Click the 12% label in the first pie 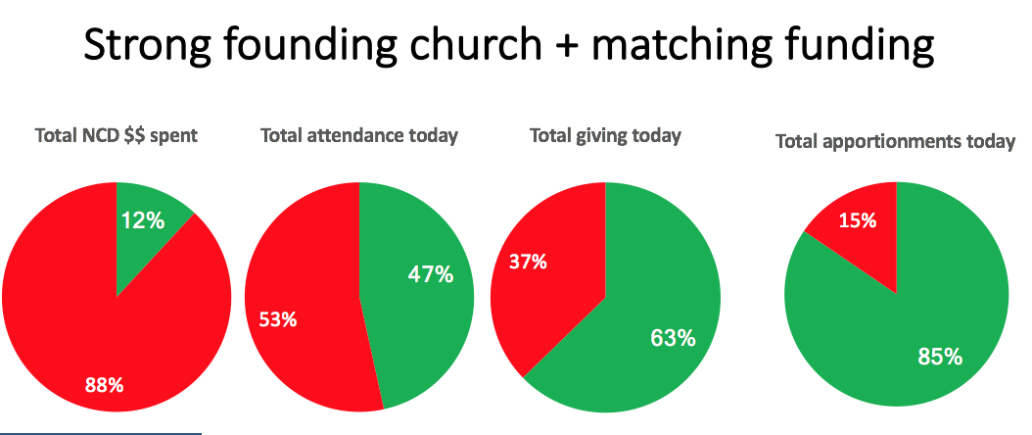[143, 221]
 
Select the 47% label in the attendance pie [431, 274]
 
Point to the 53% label [278, 320]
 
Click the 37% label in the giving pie [527, 262]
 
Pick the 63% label [673, 338]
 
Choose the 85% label [940, 356]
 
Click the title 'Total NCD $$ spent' [117, 136]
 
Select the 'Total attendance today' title [359, 136]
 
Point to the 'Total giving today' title [605, 136]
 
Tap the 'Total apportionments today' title [895, 142]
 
